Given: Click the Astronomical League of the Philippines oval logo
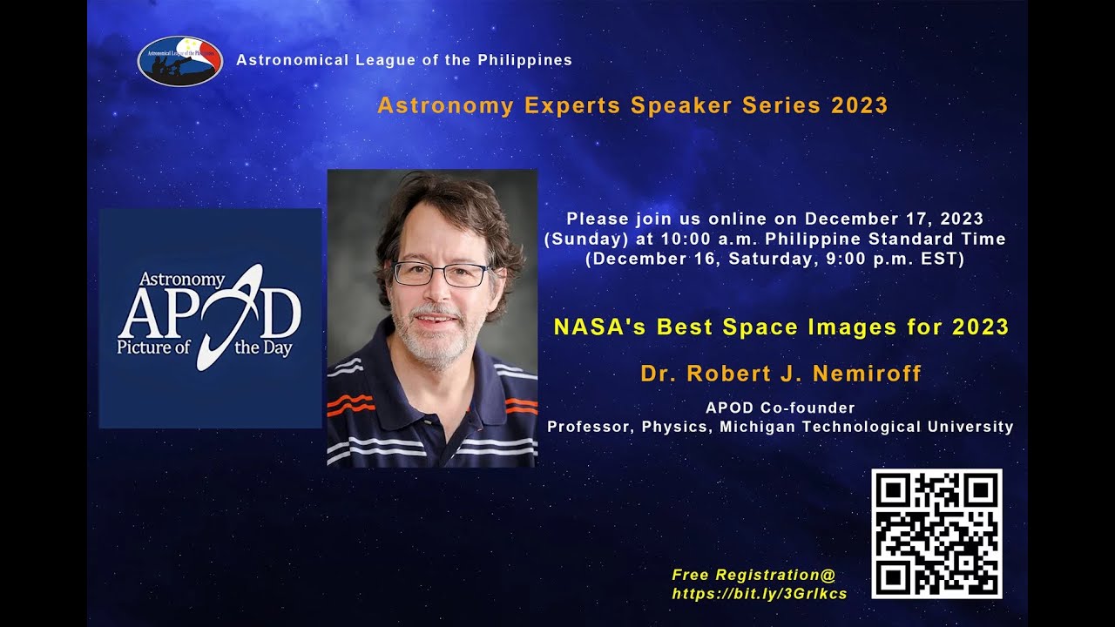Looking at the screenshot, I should pos(180,60).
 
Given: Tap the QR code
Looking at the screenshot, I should pos(936,534).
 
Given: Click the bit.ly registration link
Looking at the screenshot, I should pos(759,594).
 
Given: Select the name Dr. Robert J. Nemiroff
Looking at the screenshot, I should pos(780,374).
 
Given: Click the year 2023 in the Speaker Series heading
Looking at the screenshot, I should pos(859,106).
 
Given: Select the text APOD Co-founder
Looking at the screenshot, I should pos(780,408).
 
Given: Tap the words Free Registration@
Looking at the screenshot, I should pos(753,575).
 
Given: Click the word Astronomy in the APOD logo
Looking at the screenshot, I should pos(183,280).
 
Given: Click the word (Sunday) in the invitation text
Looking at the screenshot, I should pos(579,239).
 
